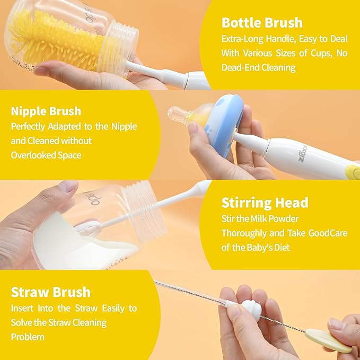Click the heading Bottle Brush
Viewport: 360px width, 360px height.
pyautogui.click(x=262, y=23)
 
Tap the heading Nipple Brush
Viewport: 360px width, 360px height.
pyautogui.click(x=46, y=111)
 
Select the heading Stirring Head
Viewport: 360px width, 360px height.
pyautogui.click(x=265, y=203)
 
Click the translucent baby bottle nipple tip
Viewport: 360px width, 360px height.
pyautogui.click(x=177, y=113)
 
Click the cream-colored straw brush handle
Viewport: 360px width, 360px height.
pyautogui.click(x=331, y=339)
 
